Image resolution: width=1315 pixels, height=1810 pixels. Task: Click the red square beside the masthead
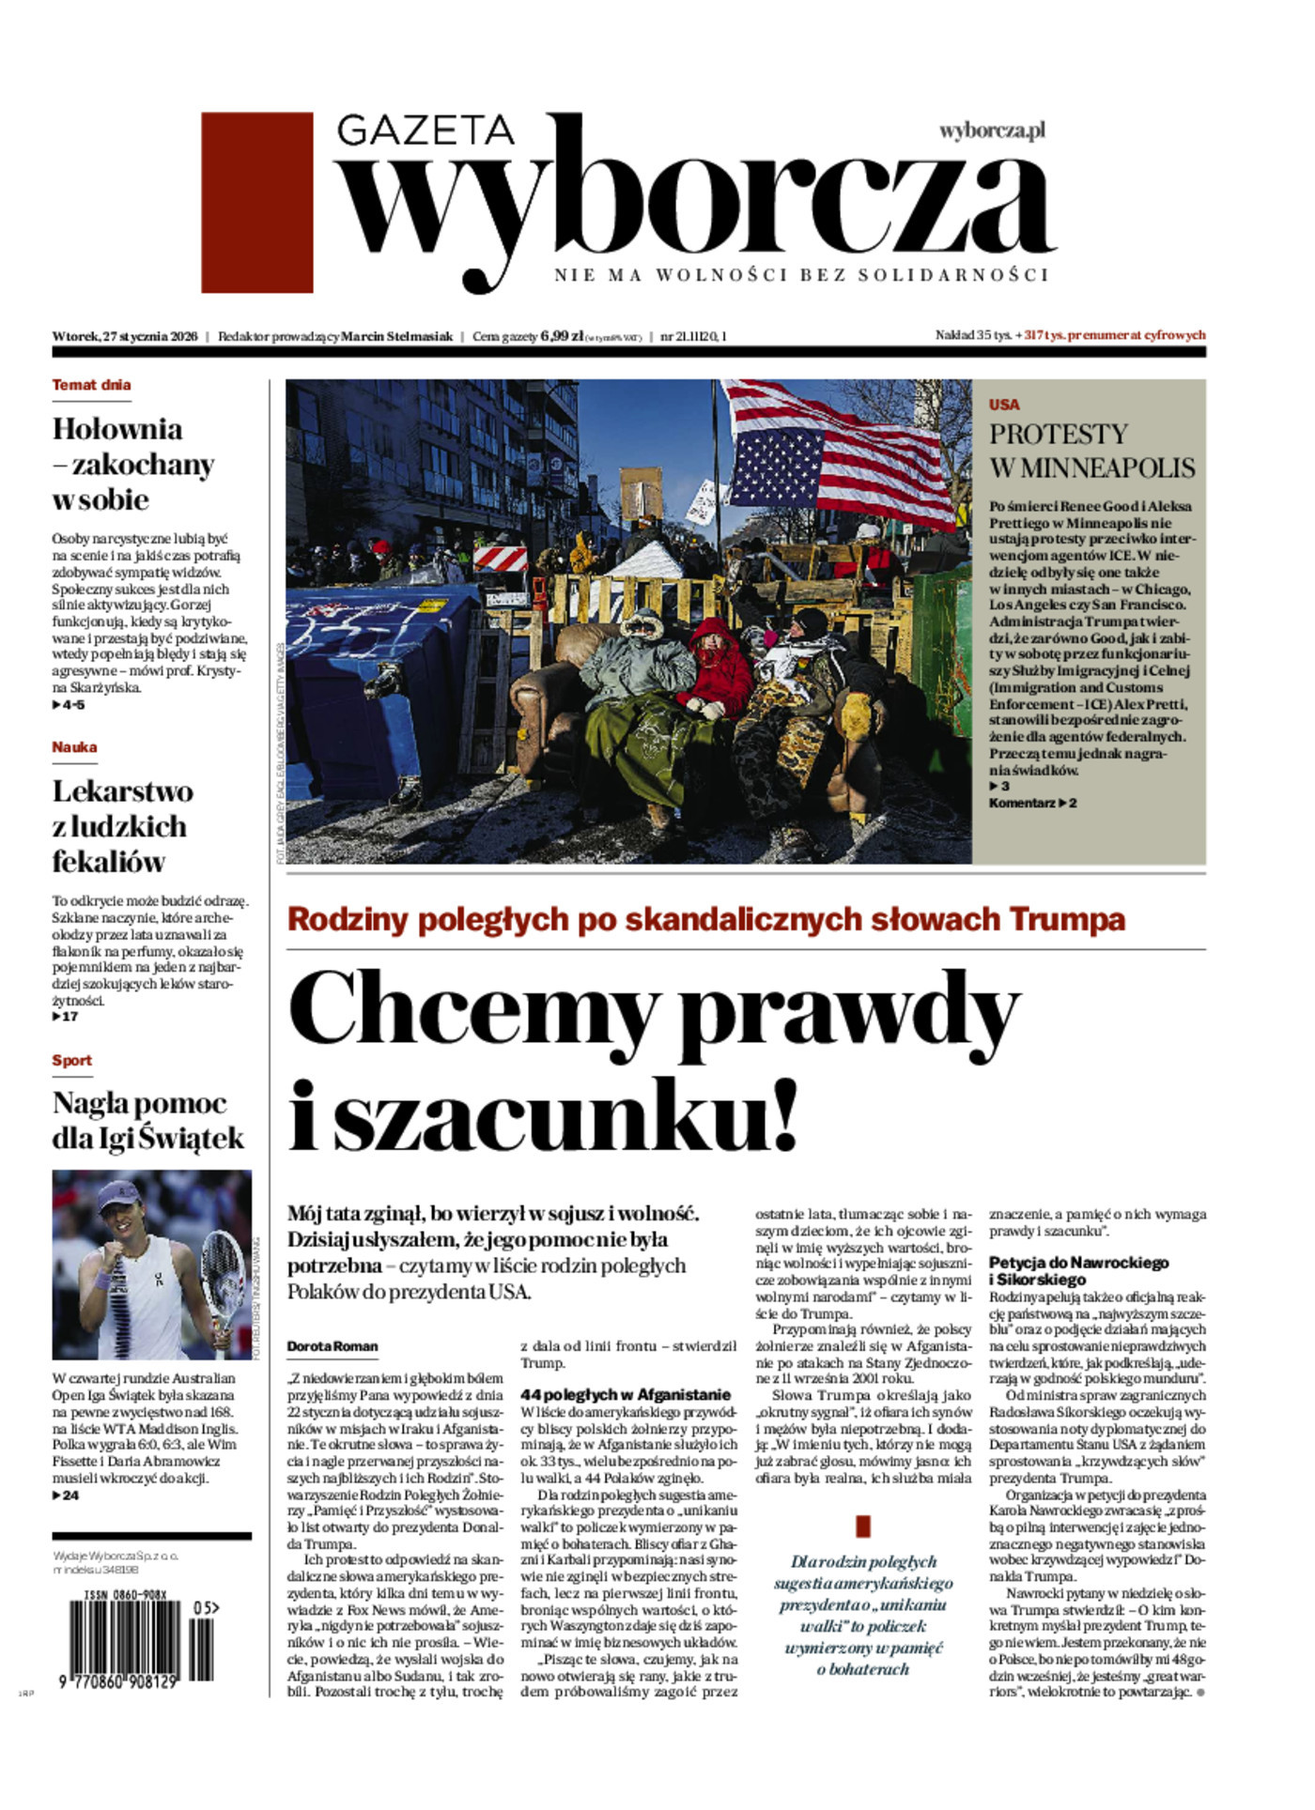point(256,202)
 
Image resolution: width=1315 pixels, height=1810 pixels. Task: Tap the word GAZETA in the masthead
point(425,130)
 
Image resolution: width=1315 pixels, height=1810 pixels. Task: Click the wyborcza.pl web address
point(992,130)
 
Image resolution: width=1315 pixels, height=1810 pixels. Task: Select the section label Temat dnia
point(91,385)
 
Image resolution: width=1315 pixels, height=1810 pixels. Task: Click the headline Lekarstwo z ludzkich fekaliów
point(122,826)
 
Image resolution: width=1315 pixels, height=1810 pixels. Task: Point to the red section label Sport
point(71,1060)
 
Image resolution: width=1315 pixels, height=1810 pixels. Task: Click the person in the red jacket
point(719,667)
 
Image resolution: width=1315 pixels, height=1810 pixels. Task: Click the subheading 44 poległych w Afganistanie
point(625,1394)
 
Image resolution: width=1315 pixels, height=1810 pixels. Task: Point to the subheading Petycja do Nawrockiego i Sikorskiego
point(1078,1271)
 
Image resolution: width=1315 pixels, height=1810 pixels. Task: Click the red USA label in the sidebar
point(1003,405)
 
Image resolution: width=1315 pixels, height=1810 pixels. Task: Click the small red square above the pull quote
point(863,1526)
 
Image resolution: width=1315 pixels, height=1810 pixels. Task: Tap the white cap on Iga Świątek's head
point(122,1200)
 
